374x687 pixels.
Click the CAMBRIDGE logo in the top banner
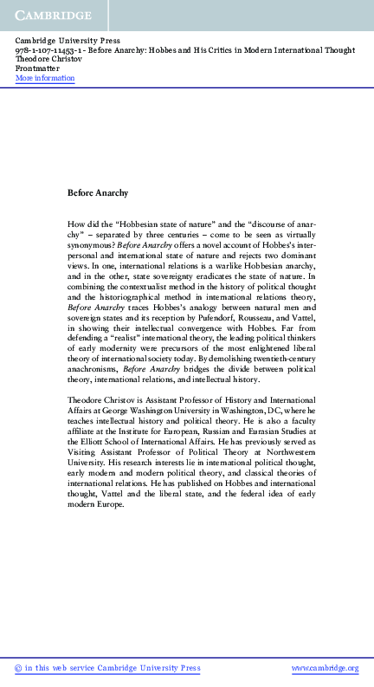pos(54,16)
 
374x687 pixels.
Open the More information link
pos(45,79)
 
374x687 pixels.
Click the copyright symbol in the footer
pos(19,668)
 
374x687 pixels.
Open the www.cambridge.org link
pos(325,668)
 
